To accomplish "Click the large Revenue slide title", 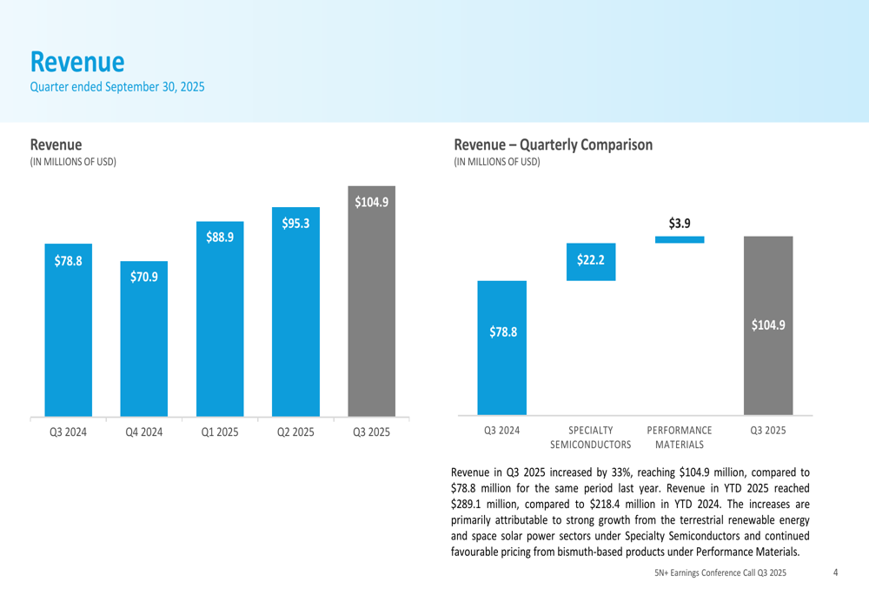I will pos(77,62).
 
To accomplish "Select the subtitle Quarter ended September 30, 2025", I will pos(117,86).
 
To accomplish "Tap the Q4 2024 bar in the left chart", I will pos(143,339).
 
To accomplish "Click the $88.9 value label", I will pos(220,237).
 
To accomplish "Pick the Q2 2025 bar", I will pos(295,322).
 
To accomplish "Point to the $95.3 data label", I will pos(295,224).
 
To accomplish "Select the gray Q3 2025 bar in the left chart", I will pos(371,313).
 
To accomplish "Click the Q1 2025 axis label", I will pos(220,432).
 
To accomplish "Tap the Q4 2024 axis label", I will pos(144,432).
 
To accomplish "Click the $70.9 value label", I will pos(144,278).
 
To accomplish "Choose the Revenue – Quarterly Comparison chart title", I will pos(553,144).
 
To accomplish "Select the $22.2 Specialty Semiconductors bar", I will pos(591,262).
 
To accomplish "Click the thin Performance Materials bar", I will pos(680,239).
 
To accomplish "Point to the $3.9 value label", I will pos(680,224).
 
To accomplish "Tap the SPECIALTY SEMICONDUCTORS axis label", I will pos(591,437).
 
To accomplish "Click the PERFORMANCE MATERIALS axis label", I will pos(680,437).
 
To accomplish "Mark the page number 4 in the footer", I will pos(835,573).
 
